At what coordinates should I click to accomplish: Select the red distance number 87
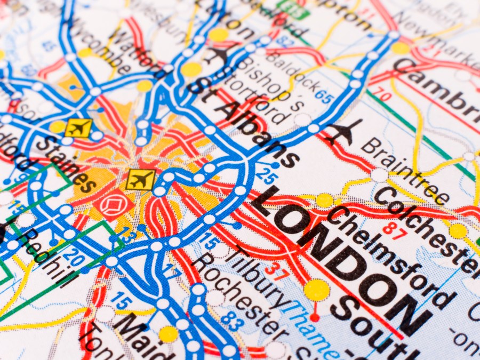tap(393, 231)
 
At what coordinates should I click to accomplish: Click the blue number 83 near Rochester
tap(231, 320)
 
